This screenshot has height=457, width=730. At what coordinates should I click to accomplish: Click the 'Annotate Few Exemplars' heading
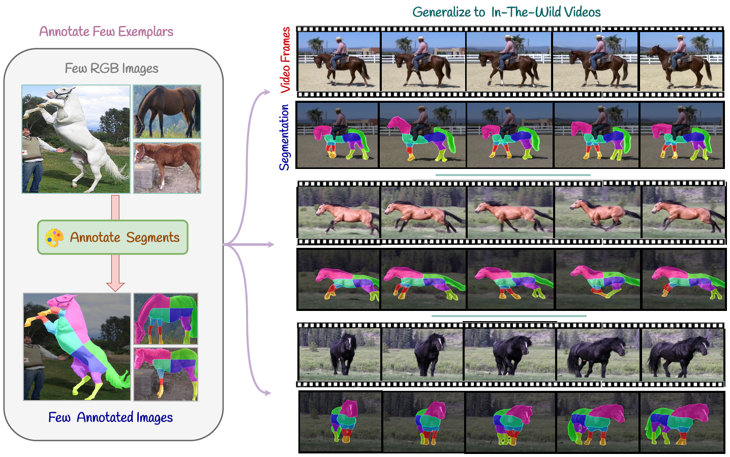[x=106, y=32]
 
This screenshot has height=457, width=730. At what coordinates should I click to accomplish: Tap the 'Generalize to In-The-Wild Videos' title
[x=506, y=12]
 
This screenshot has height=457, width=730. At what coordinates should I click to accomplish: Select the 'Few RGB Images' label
[x=111, y=68]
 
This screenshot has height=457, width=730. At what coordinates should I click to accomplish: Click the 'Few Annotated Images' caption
[x=110, y=417]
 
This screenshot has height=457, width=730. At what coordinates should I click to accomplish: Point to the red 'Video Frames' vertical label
[x=286, y=60]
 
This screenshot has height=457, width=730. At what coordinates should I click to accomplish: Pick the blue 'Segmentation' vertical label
[x=284, y=137]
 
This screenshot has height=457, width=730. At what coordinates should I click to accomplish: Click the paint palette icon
[x=54, y=238]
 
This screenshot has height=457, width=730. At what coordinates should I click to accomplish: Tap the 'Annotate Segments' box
[x=113, y=237]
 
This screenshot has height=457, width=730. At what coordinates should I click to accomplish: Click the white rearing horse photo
[x=76, y=139]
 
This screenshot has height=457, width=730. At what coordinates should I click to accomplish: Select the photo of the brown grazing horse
[x=167, y=111]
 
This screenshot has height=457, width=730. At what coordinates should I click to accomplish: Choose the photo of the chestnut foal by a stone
[x=167, y=167]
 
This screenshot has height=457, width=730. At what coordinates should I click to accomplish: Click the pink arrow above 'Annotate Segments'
[x=115, y=207]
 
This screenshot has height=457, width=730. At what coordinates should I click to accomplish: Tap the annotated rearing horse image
[x=77, y=347]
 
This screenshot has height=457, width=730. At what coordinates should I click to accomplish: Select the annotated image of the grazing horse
[x=165, y=319]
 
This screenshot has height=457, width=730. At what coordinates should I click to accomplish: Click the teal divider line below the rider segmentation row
[x=512, y=175]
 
